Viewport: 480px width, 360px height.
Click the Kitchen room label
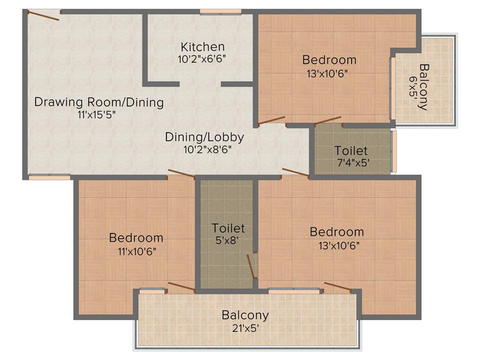[202, 47]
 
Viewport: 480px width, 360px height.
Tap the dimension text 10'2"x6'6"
[202, 59]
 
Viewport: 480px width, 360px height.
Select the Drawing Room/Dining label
[99, 102]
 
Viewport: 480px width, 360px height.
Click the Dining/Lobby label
[204, 137]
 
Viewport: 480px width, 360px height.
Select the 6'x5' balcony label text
[413, 86]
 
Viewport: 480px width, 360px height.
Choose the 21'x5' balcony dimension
[245, 328]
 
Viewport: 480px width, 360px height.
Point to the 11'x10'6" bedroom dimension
[136, 250]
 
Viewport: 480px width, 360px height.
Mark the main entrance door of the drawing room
[43, 15]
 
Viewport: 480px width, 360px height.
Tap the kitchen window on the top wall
[220, 12]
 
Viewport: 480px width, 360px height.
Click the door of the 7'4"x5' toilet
[328, 120]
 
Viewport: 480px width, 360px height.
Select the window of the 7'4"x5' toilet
[394, 151]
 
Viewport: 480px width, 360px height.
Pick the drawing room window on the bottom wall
[49, 177]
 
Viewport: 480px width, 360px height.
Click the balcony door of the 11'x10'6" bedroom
[181, 287]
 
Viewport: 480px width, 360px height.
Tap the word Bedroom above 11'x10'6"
[136, 238]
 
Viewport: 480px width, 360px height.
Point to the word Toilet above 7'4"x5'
[351, 151]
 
